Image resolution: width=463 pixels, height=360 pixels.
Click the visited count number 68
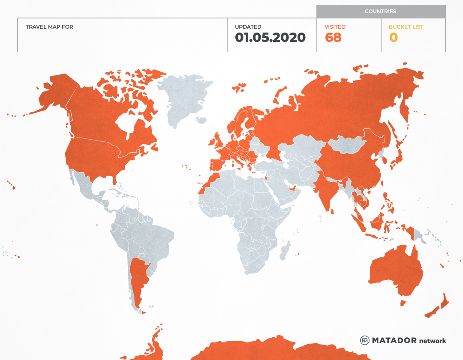point(333,38)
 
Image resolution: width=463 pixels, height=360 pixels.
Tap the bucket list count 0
point(393,38)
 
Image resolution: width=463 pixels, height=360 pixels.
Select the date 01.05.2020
point(270,38)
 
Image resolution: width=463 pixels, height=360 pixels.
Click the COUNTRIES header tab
point(380,12)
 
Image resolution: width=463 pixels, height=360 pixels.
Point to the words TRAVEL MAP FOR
point(49,27)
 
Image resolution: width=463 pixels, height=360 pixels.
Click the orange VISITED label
point(335,27)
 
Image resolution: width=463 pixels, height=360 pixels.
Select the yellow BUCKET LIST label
point(406,27)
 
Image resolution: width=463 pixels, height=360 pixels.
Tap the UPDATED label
point(248,27)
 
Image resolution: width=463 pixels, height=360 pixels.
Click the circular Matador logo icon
point(364,340)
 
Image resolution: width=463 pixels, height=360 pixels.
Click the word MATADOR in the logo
point(394,340)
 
